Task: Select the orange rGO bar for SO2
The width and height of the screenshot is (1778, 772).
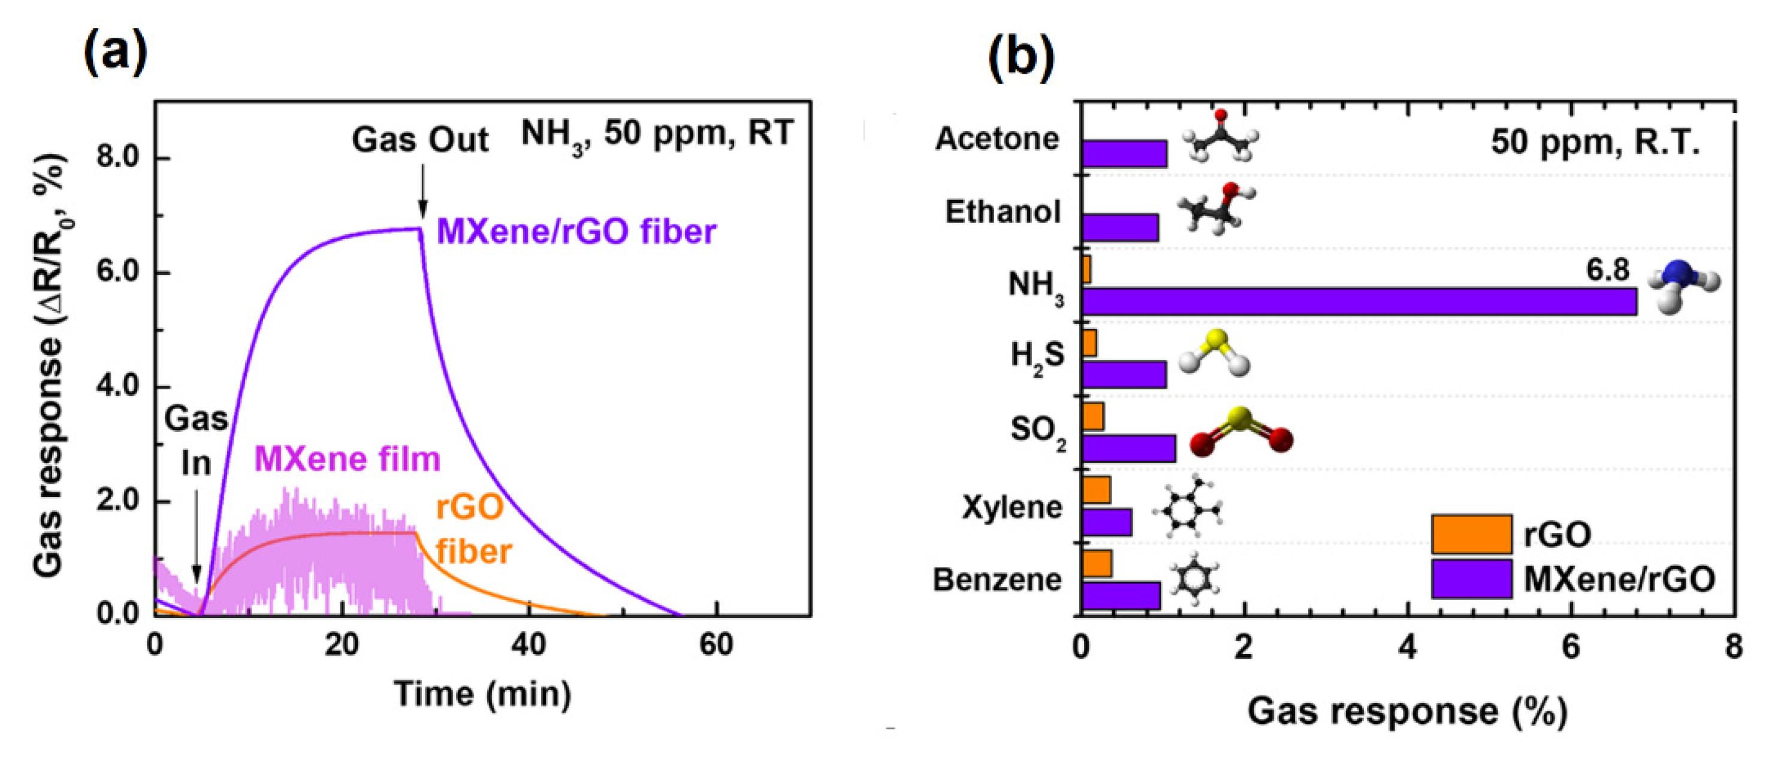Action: (1092, 416)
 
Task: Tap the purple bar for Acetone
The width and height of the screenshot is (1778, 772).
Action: (1124, 154)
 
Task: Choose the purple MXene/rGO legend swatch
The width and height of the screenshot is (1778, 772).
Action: (1472, 579)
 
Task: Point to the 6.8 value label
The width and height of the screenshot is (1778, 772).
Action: (1607, 270)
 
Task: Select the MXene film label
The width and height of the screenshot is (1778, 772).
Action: (347, 459)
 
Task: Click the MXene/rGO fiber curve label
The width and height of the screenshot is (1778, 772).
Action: (576, 231)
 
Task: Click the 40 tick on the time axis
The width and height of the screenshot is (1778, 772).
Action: (528, 645)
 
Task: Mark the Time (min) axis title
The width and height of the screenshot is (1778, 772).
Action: (482, 694)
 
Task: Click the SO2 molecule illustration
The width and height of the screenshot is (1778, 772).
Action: (1240, 432)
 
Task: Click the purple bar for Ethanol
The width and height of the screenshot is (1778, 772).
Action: (1119, 228)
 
